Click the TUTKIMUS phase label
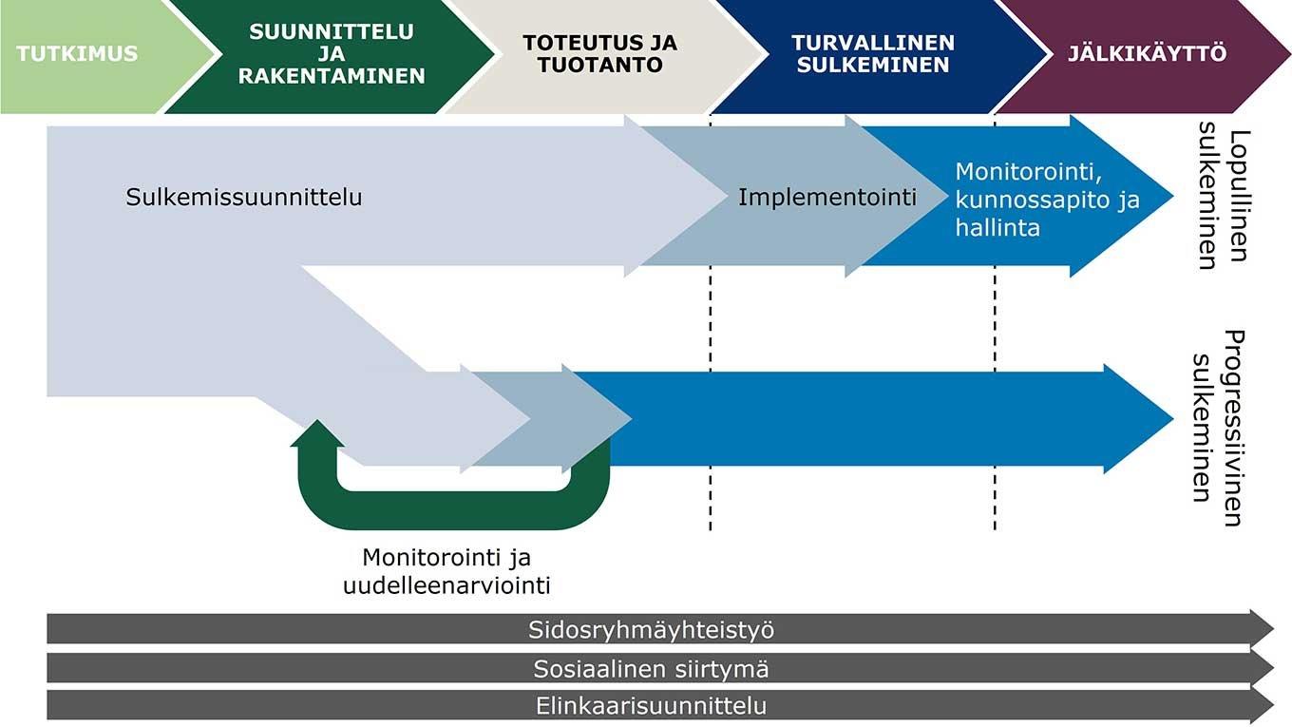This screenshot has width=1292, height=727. click(x=77, y=53)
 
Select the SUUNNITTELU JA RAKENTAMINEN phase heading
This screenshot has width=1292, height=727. click(x=332, y=53)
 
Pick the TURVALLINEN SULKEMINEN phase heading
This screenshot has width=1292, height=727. click(x=873, y=53)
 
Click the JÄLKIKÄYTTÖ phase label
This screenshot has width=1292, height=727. click(x=1147, y=53)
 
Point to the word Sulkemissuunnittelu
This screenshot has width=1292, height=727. click(x=244, y=198)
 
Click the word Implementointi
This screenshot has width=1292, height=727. click(x=827, y=198)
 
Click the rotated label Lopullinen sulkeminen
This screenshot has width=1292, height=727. click(x=1222, y=196)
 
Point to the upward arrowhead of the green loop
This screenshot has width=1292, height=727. click(x=318, y=433)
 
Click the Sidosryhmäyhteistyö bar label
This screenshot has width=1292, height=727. click(x=651, y=629)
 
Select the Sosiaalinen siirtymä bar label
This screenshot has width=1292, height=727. click(x=651, y=669)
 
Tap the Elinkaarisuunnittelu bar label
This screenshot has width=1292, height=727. click(x=651, y=707)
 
